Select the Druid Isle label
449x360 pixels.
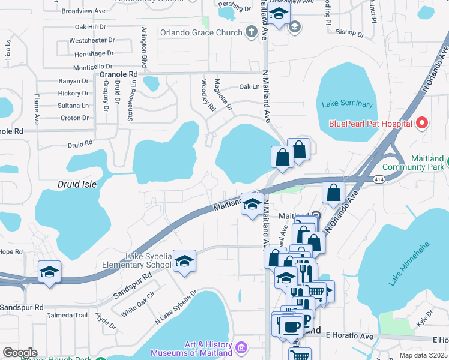tap(77, 184)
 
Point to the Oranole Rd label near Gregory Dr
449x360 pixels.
tap(118, 74)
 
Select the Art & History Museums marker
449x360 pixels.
tap(241, 348)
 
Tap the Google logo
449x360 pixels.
tap(19, 353)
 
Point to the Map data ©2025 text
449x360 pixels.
tap(423, 355)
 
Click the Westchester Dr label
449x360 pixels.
tap(92, 40)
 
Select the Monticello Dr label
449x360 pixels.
tap(92, 67)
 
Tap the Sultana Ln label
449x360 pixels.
tap(73, 106)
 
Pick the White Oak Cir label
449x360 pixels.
tap(137, 305)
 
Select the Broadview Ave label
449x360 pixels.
tap(83, 11)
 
